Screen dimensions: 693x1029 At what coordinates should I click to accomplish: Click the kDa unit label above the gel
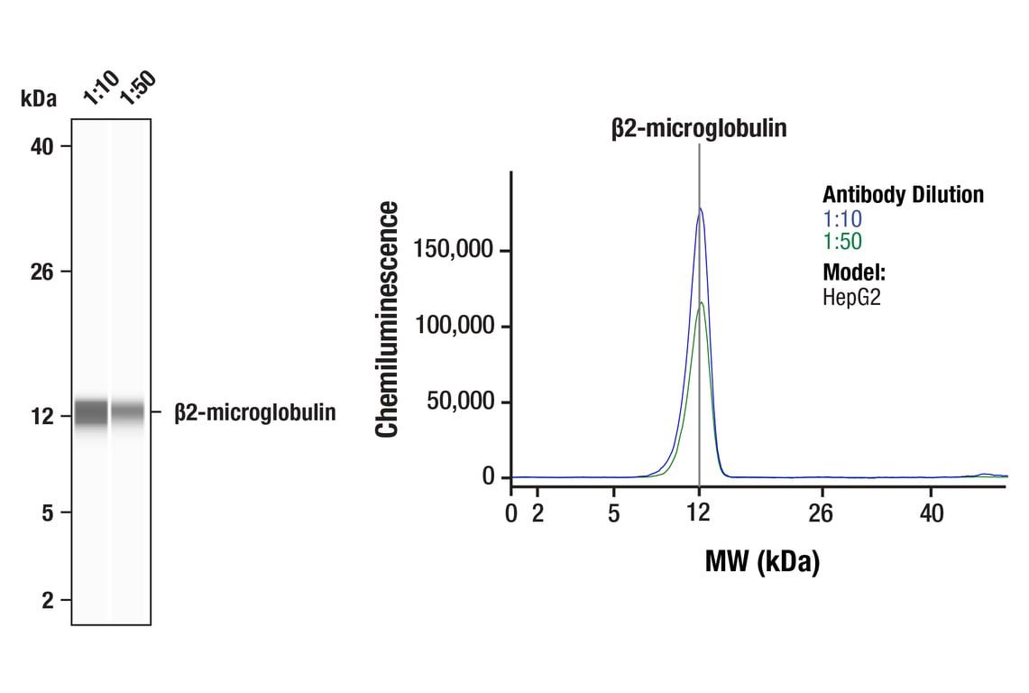pos(38,99)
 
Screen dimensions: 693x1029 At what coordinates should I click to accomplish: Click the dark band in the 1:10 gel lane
pos(90,412)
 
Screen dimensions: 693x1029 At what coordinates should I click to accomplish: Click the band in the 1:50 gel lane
pos(128,411)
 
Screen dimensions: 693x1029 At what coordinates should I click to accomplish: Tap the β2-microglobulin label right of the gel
pos(255,413)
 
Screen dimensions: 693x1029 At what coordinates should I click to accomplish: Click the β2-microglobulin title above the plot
pos(699,129)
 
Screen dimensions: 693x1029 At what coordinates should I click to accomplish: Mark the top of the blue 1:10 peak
pos(700,208)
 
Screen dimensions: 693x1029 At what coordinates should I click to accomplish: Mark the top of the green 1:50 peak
pos(701,302)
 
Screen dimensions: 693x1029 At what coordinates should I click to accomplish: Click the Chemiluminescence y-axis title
pos(388,319)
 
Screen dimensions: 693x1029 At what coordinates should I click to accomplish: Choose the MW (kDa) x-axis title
pos(762,563)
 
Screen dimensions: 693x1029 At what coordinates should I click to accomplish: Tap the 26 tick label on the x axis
pos(821,513)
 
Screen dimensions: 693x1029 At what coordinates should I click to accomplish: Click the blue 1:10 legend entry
pos(842,218)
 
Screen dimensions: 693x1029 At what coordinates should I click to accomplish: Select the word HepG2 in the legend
pos(851,297)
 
